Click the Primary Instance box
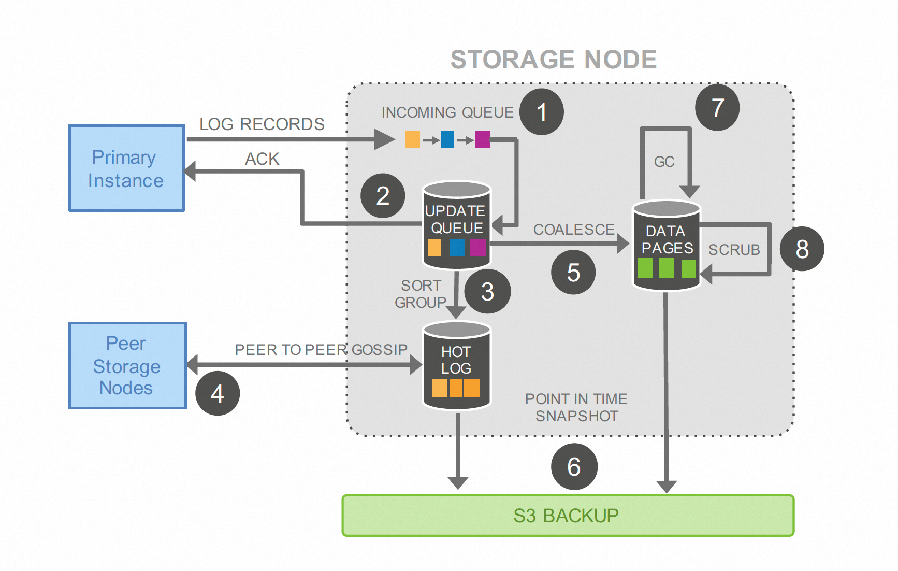(126, 168)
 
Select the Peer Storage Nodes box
(127, 366)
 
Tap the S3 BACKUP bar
(568, 516)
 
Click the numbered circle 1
(542, 112)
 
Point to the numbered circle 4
(218, 394)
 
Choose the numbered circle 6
(574, 467)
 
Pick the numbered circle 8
(802, 249)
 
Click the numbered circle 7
(717, 108)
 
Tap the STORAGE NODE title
(554, 60)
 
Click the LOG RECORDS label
(262, 124)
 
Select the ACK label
(262, 159)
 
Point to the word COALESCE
(574, 230)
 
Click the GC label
(664, 162)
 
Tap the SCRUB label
(734, 250)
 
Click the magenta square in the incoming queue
(482, 139)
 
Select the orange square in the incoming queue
(412, 139)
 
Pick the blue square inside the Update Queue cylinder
(457, 248)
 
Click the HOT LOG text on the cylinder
(456, 360)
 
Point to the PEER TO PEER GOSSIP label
(321, 350)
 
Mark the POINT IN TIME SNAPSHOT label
(576, 407)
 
